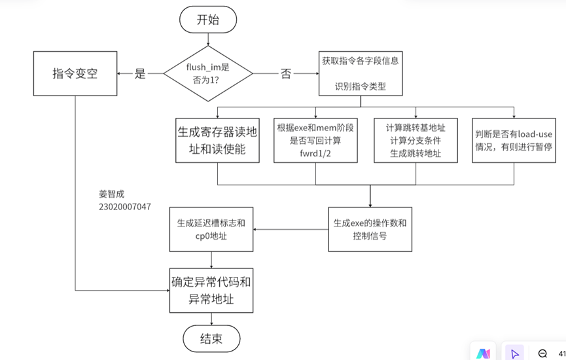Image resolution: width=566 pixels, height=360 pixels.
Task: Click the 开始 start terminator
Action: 208,20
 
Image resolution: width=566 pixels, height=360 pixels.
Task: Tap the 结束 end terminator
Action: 211,338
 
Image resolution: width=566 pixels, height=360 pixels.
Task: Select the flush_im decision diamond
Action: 208,73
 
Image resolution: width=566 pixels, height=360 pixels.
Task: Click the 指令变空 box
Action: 75,73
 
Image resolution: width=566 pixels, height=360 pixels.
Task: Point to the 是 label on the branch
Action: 140,74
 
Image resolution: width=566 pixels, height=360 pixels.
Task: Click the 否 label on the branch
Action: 285,74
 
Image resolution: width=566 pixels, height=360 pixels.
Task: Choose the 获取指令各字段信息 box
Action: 361,73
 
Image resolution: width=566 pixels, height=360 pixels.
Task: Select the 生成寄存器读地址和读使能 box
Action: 217,141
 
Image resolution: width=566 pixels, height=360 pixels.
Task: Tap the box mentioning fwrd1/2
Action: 315,141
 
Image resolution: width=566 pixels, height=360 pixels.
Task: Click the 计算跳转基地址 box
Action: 416,141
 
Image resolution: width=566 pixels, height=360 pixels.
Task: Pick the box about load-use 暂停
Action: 514,141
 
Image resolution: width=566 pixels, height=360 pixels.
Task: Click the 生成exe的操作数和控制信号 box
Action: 370,229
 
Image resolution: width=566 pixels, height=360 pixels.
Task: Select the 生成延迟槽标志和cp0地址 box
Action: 211,229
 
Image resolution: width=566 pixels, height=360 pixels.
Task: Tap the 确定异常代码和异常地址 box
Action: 211,291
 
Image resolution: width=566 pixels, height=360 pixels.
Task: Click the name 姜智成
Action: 111,194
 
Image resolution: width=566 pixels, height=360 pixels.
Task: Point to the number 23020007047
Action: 125,207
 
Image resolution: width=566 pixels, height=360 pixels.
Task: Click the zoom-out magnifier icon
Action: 542,353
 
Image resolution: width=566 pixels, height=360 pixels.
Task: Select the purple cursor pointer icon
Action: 515,353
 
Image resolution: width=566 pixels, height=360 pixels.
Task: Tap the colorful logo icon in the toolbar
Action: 483,353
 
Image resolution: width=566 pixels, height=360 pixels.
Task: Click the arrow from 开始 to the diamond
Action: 208,39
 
